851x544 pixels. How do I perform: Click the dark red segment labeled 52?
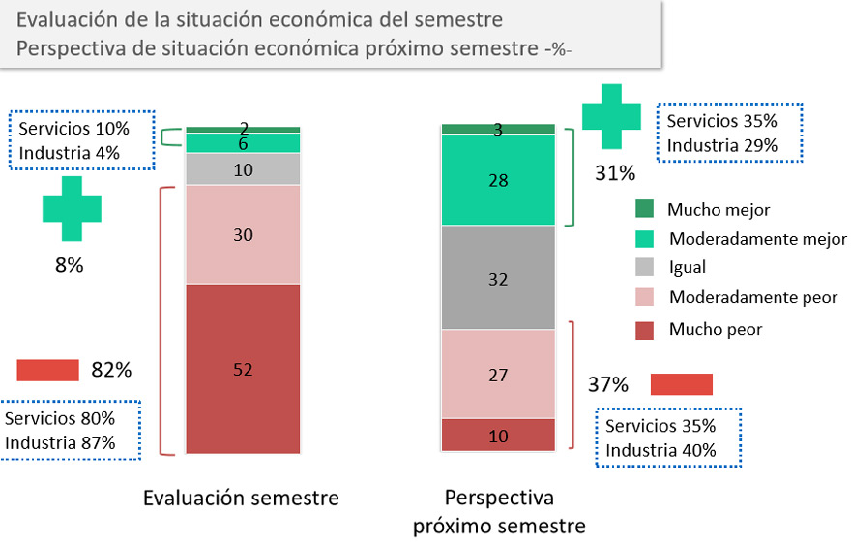click(243, 368)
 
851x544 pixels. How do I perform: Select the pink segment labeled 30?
click(243, 234)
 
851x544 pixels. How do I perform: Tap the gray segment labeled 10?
click(243, 169)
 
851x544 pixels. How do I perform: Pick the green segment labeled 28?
click(498, 179)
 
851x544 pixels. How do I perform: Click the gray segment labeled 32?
click(498, 278)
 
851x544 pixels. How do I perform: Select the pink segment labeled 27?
click(498, 374)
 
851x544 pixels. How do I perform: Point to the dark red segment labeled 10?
click(498, 436)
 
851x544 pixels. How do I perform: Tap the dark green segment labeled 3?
click(498, 129)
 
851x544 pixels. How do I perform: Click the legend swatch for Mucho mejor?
click(644, 209)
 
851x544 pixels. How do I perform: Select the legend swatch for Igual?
click(644, 268)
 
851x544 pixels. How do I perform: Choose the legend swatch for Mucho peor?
click(644, 329)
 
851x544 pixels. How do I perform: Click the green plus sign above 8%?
click(72, 208)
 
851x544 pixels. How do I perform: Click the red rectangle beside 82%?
click(47, 370)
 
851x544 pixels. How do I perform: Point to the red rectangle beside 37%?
click(682, 384)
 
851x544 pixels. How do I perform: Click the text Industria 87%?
click(61, 442)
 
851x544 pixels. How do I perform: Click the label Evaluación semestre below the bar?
click(241, 499)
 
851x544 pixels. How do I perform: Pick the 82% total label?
click(111, 370)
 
